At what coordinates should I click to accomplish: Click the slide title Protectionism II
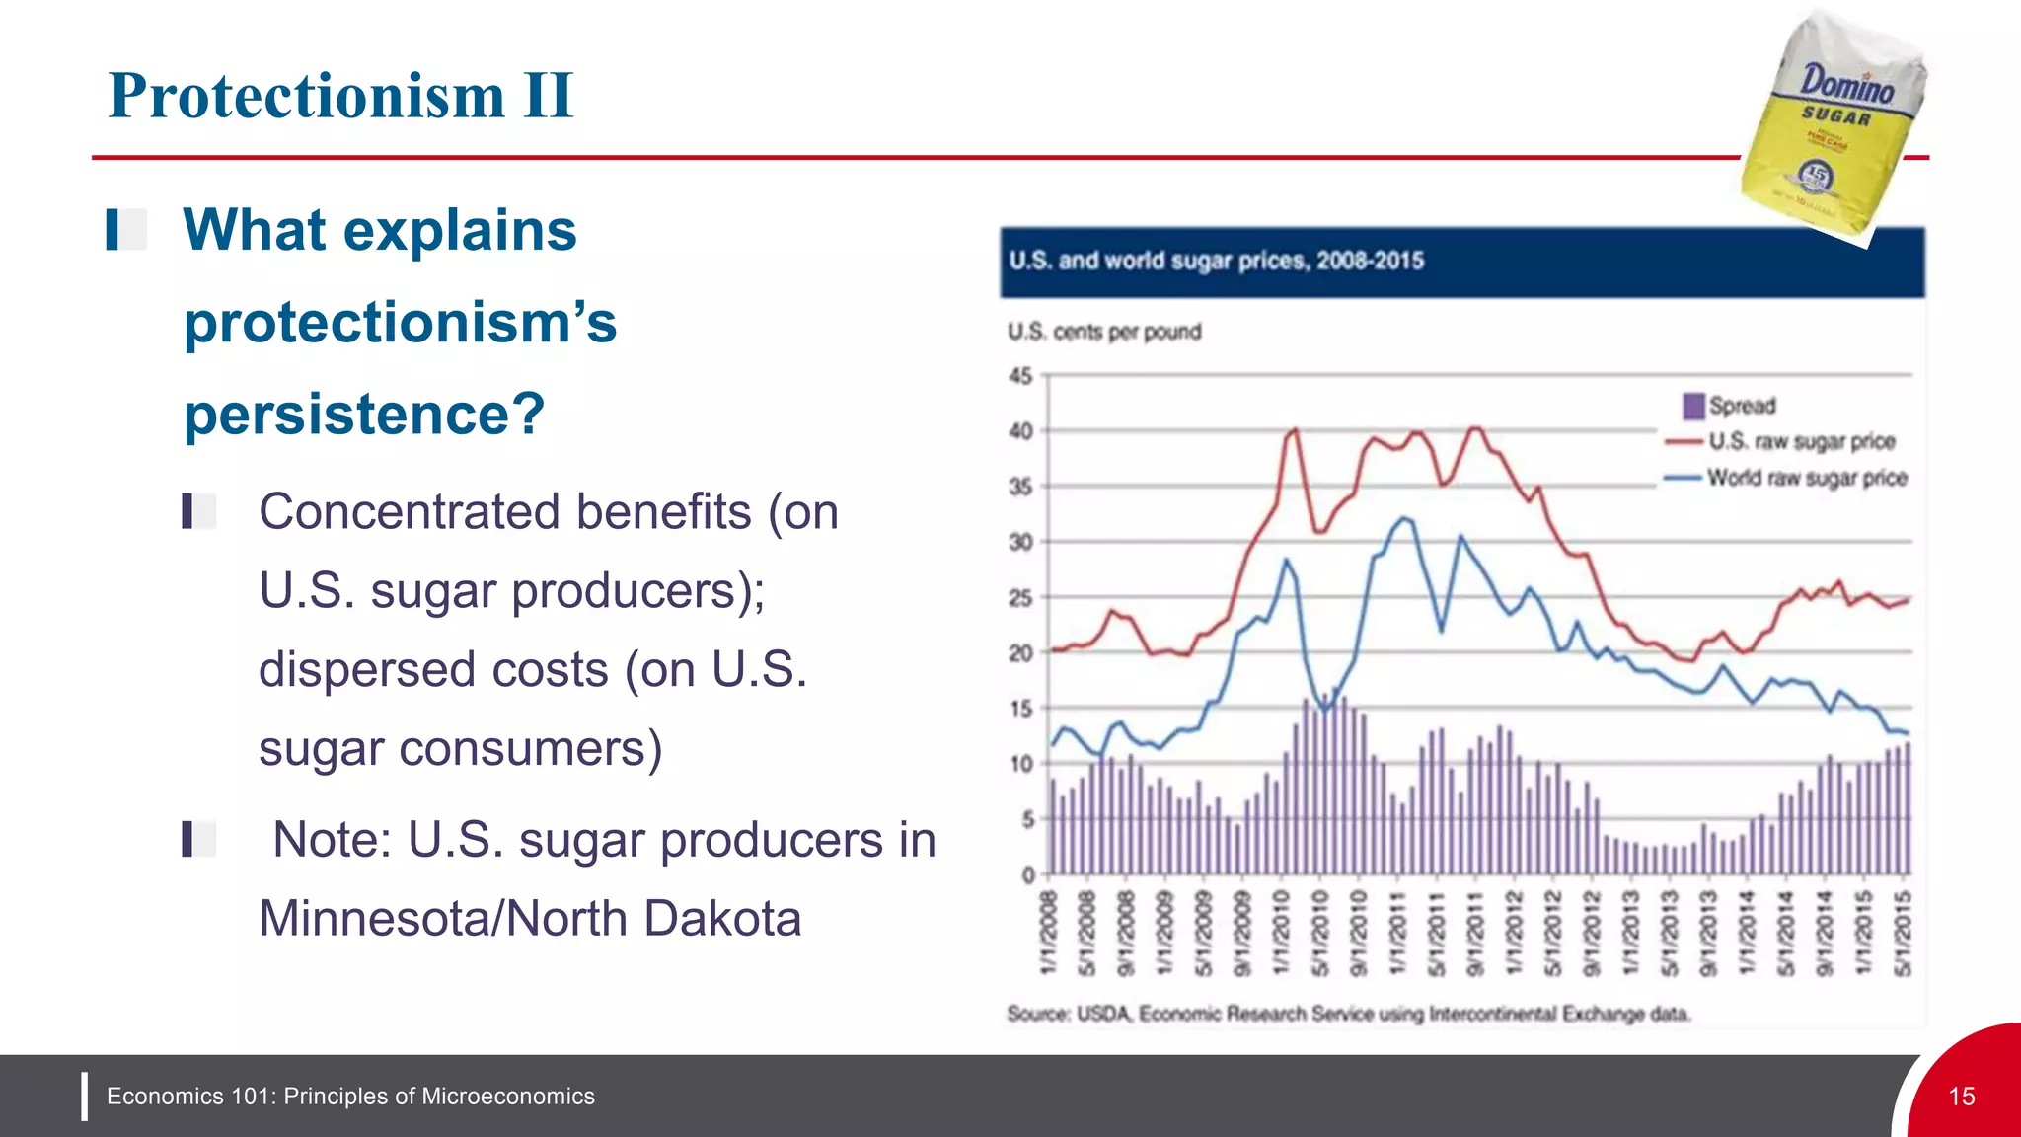340,96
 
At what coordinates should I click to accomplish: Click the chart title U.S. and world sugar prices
1216,261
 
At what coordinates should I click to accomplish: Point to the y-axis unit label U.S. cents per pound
1104,332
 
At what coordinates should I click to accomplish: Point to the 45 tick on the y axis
1020,376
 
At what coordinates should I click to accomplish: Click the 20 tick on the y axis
1020,653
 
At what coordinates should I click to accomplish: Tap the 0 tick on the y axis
1027,875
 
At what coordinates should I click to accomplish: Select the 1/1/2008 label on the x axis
1049,933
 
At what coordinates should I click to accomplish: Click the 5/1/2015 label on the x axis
1904,933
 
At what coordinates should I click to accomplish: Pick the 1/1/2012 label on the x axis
1515,933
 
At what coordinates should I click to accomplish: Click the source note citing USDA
1348,1014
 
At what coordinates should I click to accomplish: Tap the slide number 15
1962,1097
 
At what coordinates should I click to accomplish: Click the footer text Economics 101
350,1097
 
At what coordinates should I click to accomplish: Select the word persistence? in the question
364,414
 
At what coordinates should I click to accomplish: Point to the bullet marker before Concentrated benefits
197,511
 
